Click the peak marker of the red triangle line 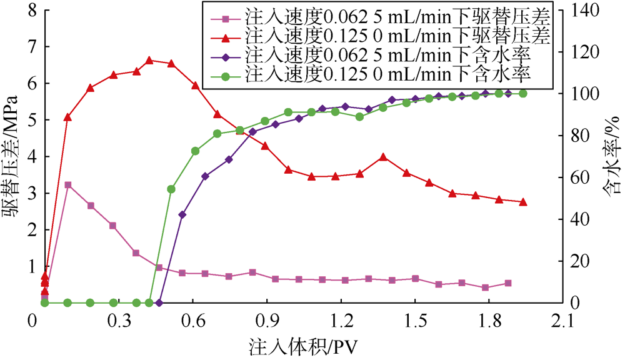coord(149,61)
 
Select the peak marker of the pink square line coord(67,185)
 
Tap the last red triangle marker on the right coord(523,202)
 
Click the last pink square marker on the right coord(507,283)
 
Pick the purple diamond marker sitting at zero coord(159,302)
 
